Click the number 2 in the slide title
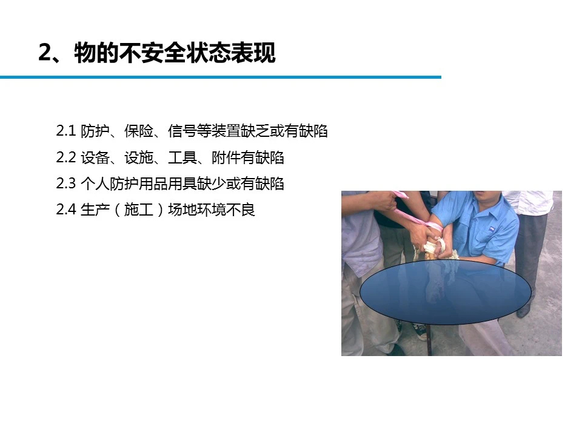pos(47,53)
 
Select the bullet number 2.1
pos(66,131)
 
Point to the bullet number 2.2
pos(66,157)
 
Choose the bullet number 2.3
pos(66,183)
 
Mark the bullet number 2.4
pos(66,210)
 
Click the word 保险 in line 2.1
pos(139,131)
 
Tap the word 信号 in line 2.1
pos(182,131)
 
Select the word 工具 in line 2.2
pos(182,157)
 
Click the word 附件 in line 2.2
pos(226,157)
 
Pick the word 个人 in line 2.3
pos(95,183)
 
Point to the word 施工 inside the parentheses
pos(139,210)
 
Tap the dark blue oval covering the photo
pos(446,292)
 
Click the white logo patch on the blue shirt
pos(491,228)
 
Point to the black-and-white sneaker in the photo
pos(419,331)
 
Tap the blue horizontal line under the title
pos(221,77)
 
